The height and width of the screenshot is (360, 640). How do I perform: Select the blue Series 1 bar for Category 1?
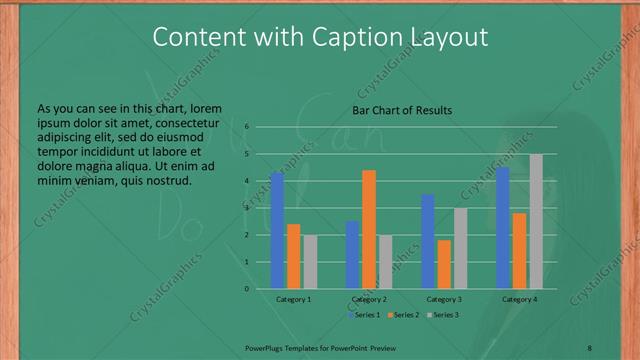[x=277, y=230]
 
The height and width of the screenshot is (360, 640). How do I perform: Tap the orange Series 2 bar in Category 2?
[x=369, y=229]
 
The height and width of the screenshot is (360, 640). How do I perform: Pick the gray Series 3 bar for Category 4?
[x=536, y=221]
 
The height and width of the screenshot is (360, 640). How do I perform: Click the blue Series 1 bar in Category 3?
[x=428, y=241]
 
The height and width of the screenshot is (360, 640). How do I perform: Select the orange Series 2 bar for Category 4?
[x=519, y=250]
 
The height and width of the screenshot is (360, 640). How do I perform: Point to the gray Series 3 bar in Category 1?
[x=310, y=262]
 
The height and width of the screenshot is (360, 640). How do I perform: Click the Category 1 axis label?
[x=293, y=299]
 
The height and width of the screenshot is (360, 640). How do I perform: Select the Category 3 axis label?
[x=444, y=299]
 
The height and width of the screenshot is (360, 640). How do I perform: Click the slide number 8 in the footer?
[x=590, y=346]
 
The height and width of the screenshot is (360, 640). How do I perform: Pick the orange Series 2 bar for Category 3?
[x=444, y=264]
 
